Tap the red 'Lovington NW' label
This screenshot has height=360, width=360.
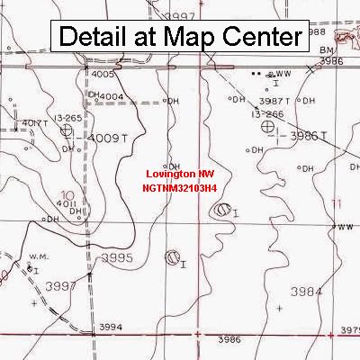point(181,174)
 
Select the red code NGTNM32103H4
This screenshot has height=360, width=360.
point(180,189)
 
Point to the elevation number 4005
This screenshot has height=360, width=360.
point(103,75)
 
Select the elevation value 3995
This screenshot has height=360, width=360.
point(117,257)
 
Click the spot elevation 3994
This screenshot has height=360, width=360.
point(110,327)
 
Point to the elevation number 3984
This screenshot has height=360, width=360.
point(307,292)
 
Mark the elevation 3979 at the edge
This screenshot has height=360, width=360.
point(350,330)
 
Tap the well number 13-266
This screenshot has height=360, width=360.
point(267,114)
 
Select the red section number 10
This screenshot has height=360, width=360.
point(67,193)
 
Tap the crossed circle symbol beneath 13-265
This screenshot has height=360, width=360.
point(66,130)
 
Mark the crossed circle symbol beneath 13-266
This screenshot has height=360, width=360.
point(267,128)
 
